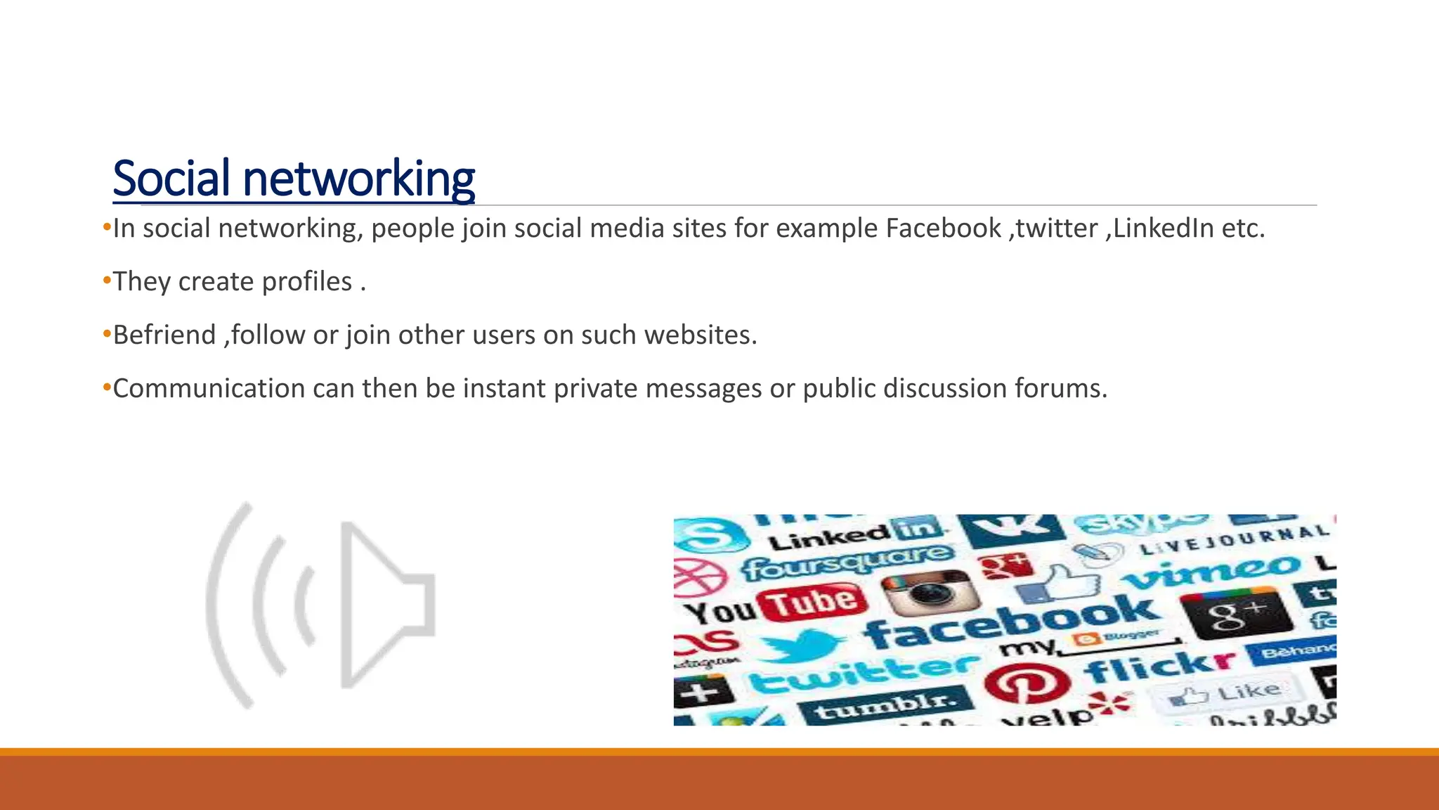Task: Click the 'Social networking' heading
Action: (294, 179)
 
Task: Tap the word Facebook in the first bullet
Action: (943, 229)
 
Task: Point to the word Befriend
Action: (164, 335)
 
